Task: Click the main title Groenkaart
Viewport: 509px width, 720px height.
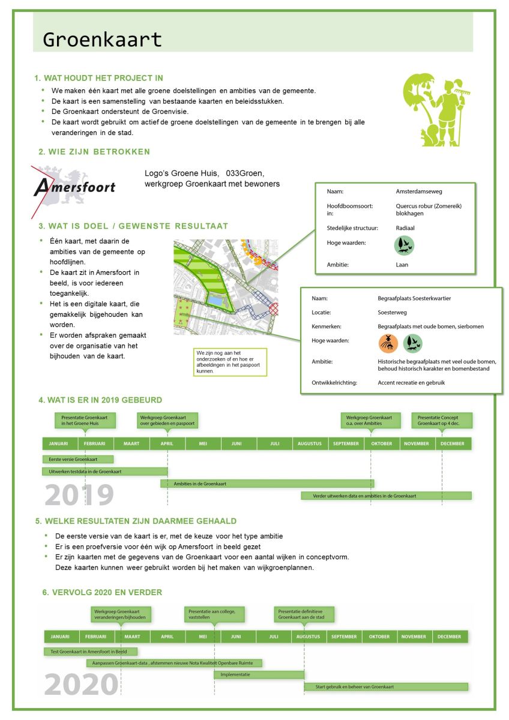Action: click(x=103, y=40)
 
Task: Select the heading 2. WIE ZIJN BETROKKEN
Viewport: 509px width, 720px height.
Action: click(x=94, y=152)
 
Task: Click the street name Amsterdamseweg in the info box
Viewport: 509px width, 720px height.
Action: click(x=419, y=191)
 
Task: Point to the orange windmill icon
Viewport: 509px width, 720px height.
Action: click(x=388, y=343)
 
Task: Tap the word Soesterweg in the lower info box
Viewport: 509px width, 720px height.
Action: click(x=392, y=312)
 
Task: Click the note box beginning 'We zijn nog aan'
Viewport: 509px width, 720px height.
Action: click(x=230, y=362)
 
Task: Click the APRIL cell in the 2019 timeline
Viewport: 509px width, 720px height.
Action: click(x=167, y=443)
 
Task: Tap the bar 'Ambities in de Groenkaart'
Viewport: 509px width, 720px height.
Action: click(x=267, y=483)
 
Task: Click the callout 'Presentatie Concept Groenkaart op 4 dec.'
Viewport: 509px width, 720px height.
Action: click(x=442, y=420)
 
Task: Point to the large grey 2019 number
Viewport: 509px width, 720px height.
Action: click(x=79, y=495)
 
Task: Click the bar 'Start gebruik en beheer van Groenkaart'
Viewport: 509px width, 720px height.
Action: click(x=386, y=686)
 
